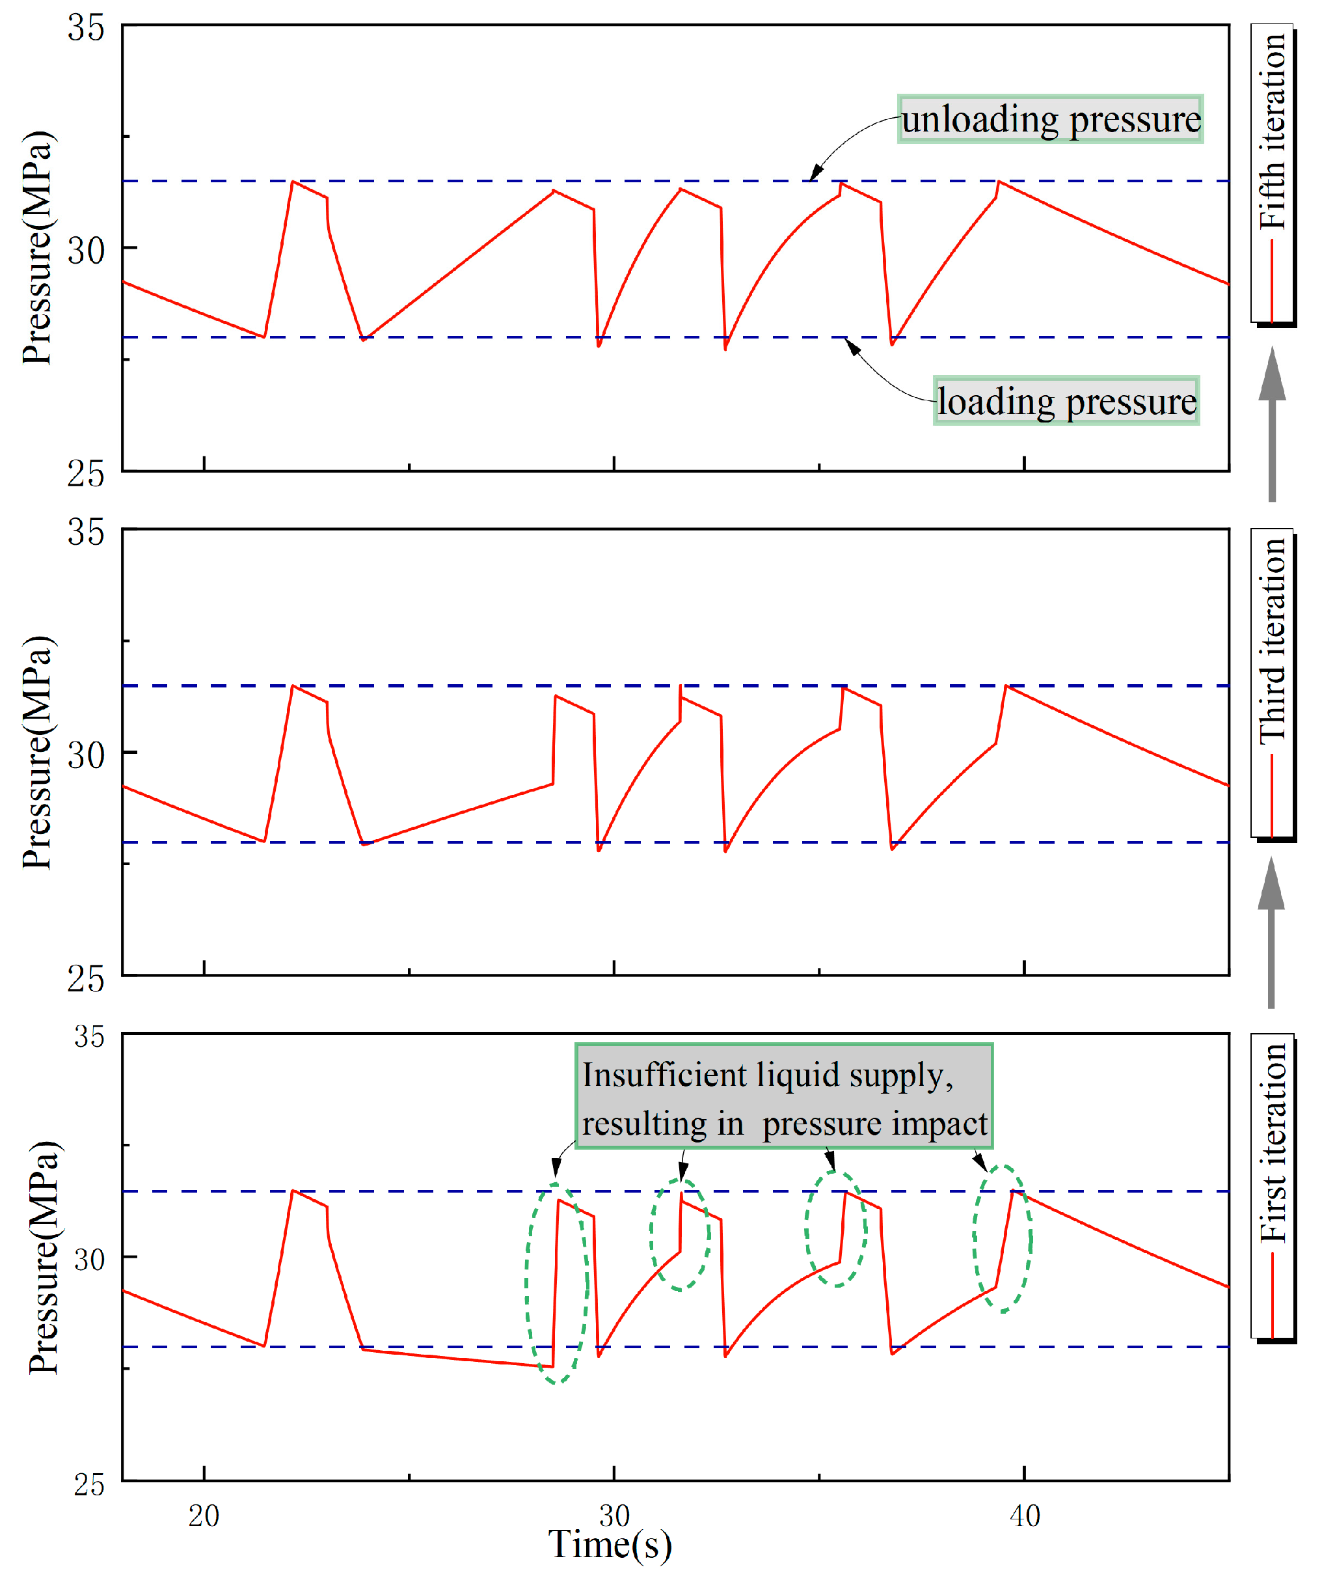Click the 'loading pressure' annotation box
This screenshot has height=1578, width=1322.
tap(1066, 401)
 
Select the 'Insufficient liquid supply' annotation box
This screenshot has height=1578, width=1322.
tap(783, 1098)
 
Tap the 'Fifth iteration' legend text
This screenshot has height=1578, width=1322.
tap(1273, 131)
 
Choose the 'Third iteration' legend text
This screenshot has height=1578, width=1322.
tap(1273, 639)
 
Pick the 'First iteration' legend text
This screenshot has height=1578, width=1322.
tap(1273, 1143)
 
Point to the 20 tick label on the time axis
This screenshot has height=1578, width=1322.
tap(204, 1516)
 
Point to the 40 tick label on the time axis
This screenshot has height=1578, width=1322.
tap(1025, 1516)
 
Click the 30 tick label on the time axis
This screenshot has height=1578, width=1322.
tap(614, 1515)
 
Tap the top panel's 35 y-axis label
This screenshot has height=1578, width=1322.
tap(86, 29)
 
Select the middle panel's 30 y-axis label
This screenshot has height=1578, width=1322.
tap(86, 754)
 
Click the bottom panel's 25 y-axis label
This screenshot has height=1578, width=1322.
tap(88, 1484)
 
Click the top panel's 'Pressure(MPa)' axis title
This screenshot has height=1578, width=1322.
tap(38, 248)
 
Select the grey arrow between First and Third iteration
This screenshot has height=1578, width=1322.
tap(1271, 932)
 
